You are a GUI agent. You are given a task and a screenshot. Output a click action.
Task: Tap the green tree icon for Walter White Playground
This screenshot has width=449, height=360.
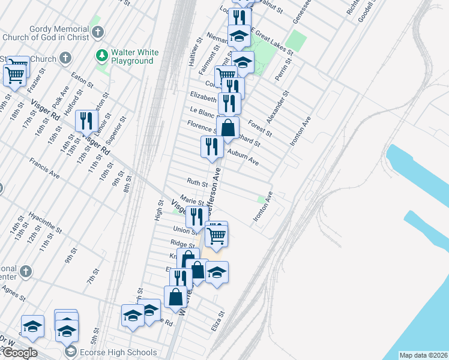pos(101,56)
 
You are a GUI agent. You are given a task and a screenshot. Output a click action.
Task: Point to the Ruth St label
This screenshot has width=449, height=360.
pos(197,182)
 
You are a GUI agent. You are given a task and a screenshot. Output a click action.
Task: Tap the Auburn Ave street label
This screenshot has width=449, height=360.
pos(243,157)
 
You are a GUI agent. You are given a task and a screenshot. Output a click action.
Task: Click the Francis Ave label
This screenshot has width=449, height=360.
pos(45,169)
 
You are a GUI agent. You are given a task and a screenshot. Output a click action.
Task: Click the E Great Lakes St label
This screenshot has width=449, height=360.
pos(271,42)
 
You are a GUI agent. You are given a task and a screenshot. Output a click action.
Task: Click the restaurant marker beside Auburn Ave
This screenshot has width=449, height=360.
pos(211,146)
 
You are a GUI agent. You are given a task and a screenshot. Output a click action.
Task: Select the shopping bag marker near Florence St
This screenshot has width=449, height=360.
pos(228,127)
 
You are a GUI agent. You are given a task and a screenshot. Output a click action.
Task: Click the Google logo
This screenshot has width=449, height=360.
pos(19,353)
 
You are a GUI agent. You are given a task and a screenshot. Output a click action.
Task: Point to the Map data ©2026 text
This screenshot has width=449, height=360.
pos(423,355)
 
